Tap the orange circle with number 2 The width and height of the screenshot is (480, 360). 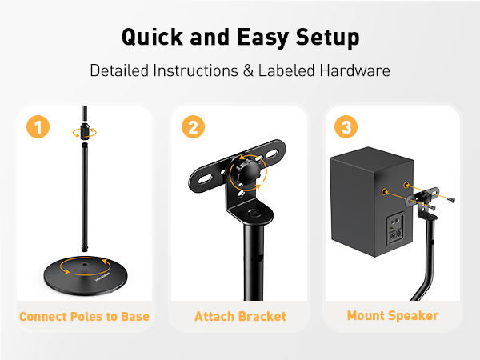click(x=193, y=126)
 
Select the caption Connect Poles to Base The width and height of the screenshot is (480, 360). click(x=84, y=316)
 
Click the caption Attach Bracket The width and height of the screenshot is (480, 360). click(x=240, y=316)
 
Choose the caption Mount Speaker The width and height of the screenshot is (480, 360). click(x=392, y=315)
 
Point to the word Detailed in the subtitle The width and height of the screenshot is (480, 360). click(x=120, y=70)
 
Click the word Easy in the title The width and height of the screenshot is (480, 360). click(x=256, y=37)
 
